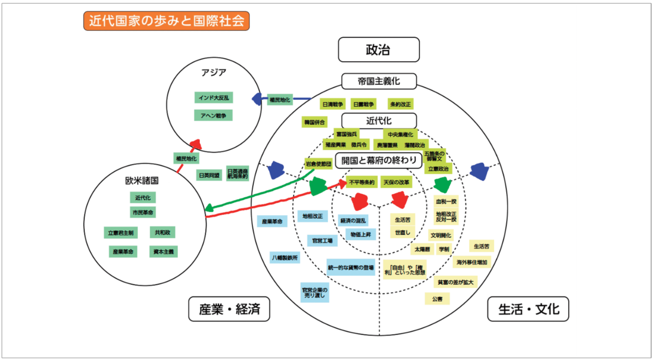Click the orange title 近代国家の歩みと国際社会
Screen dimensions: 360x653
tap(166, 21)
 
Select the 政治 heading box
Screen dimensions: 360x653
tap(378, 50)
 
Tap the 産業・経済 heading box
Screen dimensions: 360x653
tap(229, 309)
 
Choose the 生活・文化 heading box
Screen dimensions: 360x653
tap(528, 309)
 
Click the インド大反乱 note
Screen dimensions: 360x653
tap(214, 98)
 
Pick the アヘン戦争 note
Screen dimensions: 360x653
tap(214, 115)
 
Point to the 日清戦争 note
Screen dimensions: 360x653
tap(333, 104)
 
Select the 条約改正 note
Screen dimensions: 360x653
tap(400, 104)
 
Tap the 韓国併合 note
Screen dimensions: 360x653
tap(315, 122)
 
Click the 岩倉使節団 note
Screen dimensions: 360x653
tap(319, 164)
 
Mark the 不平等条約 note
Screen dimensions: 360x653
tap(361, 182)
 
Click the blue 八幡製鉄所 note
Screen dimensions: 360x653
tap(285, 257)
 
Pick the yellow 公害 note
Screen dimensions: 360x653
tap(437, 299)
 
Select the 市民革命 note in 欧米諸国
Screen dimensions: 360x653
tap(143, 212)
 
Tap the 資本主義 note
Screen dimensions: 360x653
tap(163, 252)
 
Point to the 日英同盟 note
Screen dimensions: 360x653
tap(209, 175)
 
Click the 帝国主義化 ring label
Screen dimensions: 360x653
tap(378, 81)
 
